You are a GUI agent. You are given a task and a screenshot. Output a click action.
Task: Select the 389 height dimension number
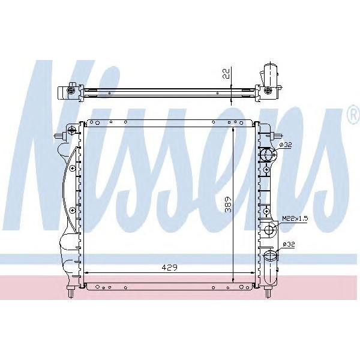point(226,206)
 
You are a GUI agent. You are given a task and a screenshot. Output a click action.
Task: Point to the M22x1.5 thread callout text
point(295,219)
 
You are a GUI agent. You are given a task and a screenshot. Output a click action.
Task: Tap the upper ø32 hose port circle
point(267,155)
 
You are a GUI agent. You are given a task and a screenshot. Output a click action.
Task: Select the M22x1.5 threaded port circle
point(271,229)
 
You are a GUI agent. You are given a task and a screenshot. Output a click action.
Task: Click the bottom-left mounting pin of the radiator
point(73,292)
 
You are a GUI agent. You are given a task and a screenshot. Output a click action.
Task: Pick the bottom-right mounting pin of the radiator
point(268,292)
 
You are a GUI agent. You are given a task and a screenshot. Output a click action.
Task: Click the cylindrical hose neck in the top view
point(269,72)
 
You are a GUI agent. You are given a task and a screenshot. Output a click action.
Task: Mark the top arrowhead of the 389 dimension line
point(233,130)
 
